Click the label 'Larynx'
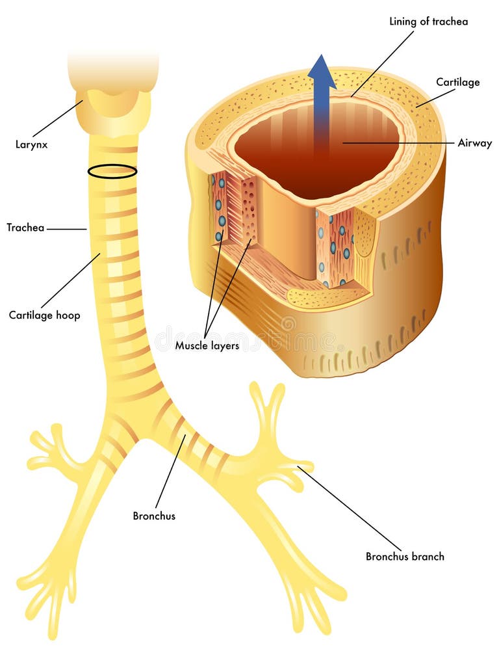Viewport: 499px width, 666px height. pyautogui.click(x=32, y=144)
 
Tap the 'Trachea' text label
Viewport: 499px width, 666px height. pyautogui.click(x=25, y=228)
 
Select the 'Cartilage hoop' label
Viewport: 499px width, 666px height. pyautogui.click(x=44, y=315)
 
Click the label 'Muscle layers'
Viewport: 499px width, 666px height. pyautogui.click(x=207, y=346)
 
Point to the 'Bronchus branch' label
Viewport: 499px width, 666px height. pyautogui.click(x=405, y=556)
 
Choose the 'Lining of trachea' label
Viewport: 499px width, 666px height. pyautogui.click(x=428, y=21)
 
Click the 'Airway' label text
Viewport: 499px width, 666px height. pyautogui.click(x=475, y=143)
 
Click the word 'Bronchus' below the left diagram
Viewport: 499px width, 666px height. pyautogui.click(x=154, y=516)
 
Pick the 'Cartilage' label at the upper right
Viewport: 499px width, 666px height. pyautogui.click(x=457, y=82)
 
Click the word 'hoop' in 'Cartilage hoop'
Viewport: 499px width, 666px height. pyautogui.click(x=68, y=315)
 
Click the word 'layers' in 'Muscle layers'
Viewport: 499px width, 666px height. pyautogui.click(x=224, y=346)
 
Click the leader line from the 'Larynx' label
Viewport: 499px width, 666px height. pyautogui.click(x=57, y=118)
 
